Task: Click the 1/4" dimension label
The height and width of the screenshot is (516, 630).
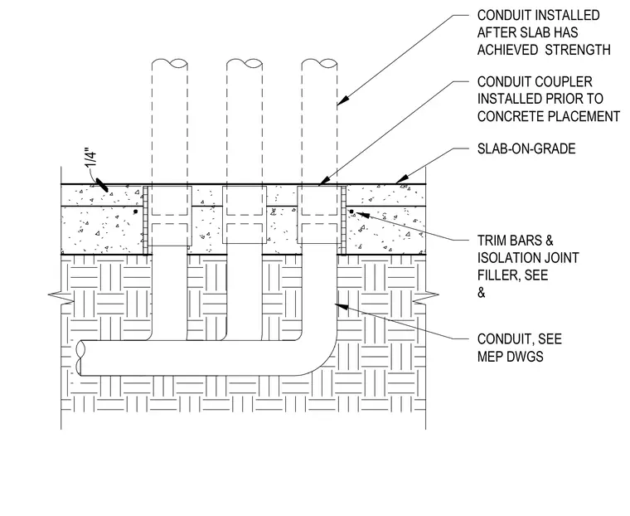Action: coord(91,158)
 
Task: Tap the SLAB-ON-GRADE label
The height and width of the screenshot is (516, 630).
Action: coord(526,148)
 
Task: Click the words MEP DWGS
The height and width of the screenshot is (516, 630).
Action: coord(511,357)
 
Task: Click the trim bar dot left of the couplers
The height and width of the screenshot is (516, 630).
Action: coord(136,212)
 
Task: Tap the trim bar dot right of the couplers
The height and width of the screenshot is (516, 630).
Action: coord(351,212)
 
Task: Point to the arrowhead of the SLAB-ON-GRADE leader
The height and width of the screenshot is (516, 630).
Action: coord(402,179)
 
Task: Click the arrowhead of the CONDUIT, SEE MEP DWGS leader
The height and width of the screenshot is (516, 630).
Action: coord(342,306)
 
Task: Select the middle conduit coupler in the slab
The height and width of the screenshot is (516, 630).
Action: coord(245,214)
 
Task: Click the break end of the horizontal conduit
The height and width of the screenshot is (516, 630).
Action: coord(80,358)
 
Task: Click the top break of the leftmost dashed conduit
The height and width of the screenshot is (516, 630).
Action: coord(170,63)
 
